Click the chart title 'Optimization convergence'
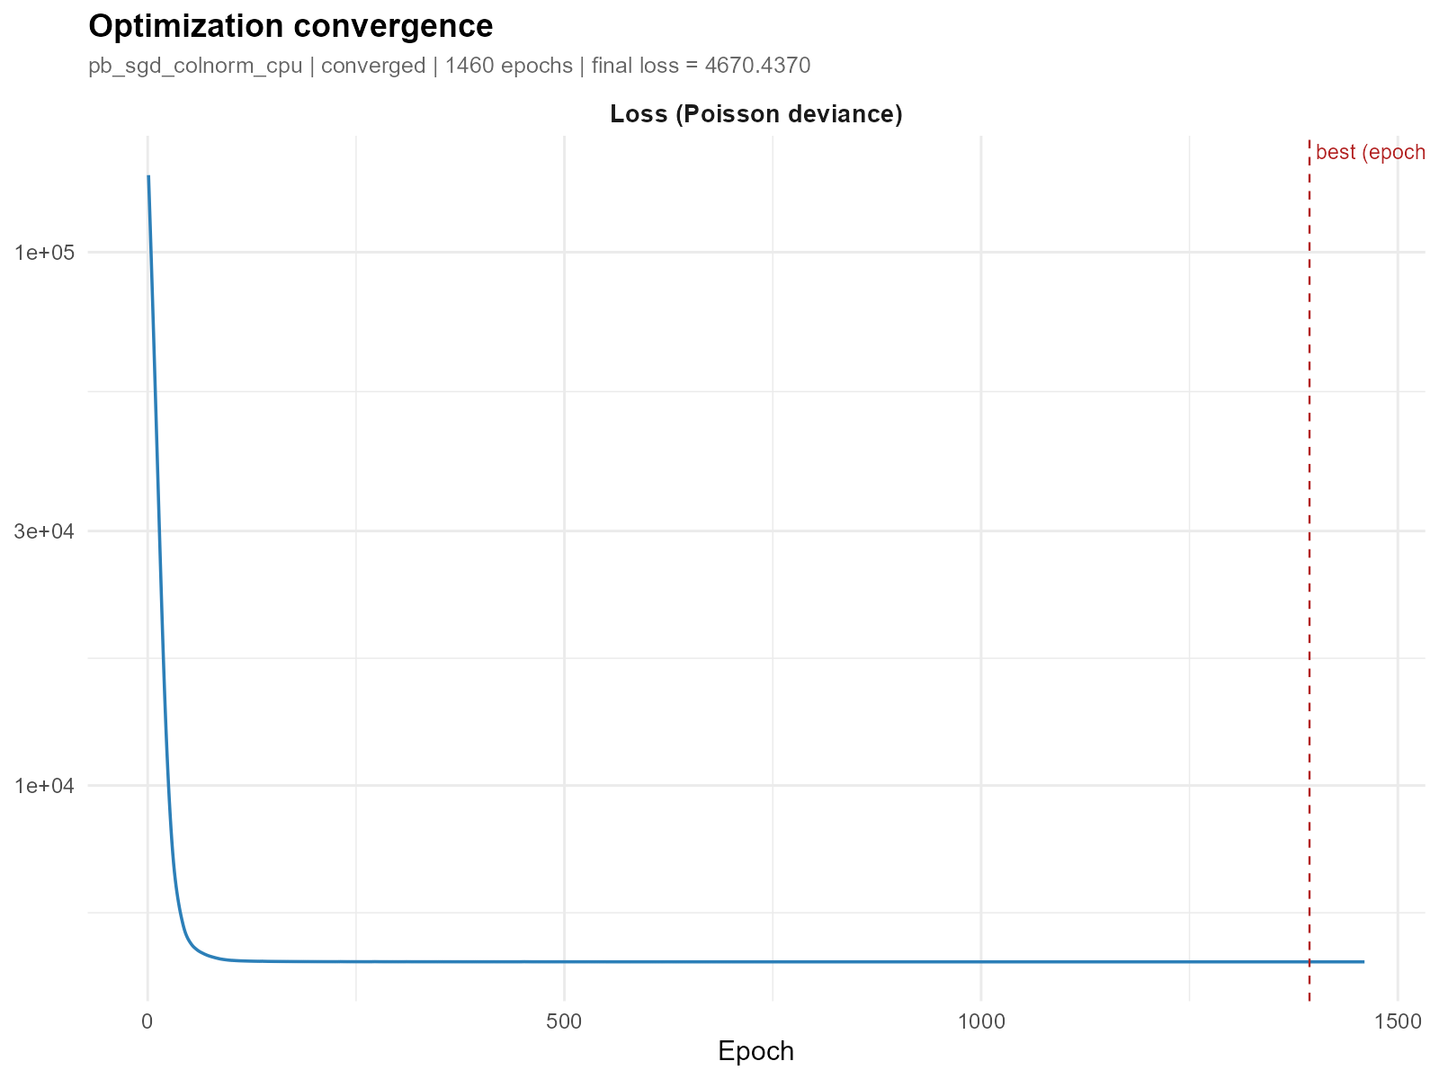pos(290,27)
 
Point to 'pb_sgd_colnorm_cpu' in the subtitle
pos(195,66)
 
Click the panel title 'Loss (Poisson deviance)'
pos(756,114)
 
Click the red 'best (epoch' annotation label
pos(1370,153)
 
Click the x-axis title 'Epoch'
pos(756,1051)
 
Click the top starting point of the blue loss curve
pos(148,177)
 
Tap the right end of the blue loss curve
pos(1363,961)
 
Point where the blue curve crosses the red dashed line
pos(1309,961)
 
